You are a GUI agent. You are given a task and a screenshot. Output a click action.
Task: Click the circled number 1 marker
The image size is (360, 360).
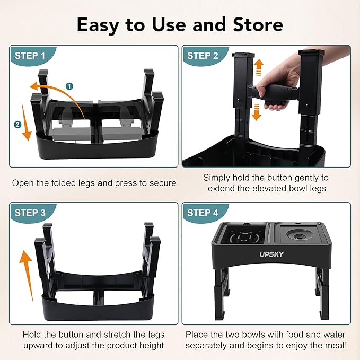tap(69, 85)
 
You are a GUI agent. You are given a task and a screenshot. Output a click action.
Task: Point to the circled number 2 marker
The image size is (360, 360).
tap(18, 124)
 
